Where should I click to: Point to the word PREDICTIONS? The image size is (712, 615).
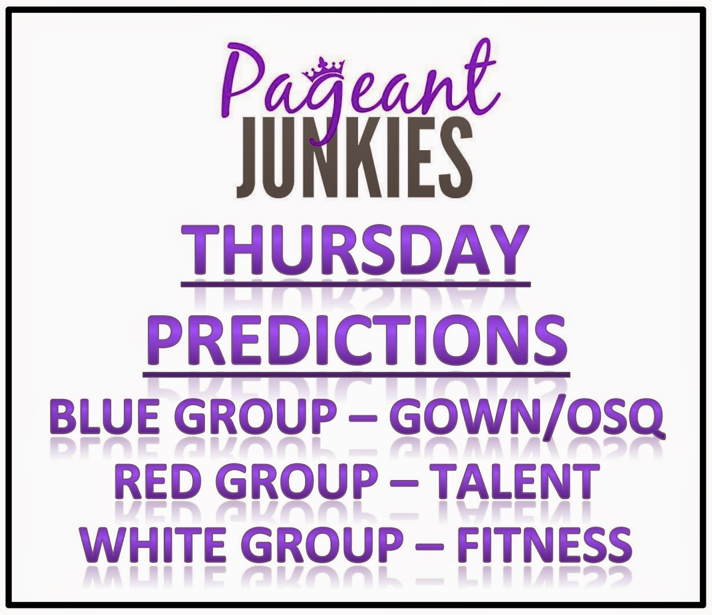[x=356, y=341]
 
